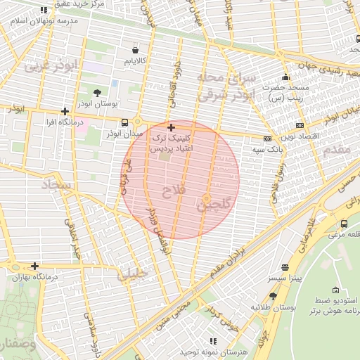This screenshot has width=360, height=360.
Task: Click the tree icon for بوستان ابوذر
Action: (97, 92)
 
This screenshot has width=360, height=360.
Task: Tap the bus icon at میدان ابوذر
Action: (124, 122)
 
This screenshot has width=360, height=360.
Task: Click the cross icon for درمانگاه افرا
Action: (65, 111)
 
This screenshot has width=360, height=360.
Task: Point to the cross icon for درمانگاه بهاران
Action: (34, 266)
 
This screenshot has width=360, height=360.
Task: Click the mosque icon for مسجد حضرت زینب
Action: (285, 77)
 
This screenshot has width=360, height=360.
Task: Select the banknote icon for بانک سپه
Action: (267, 139)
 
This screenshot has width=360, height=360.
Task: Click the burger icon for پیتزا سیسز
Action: (285, 267)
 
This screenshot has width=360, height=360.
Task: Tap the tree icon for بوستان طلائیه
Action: (273, 296)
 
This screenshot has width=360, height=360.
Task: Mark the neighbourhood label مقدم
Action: (337, 150)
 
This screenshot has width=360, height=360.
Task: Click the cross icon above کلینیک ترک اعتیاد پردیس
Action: (171, 127)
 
